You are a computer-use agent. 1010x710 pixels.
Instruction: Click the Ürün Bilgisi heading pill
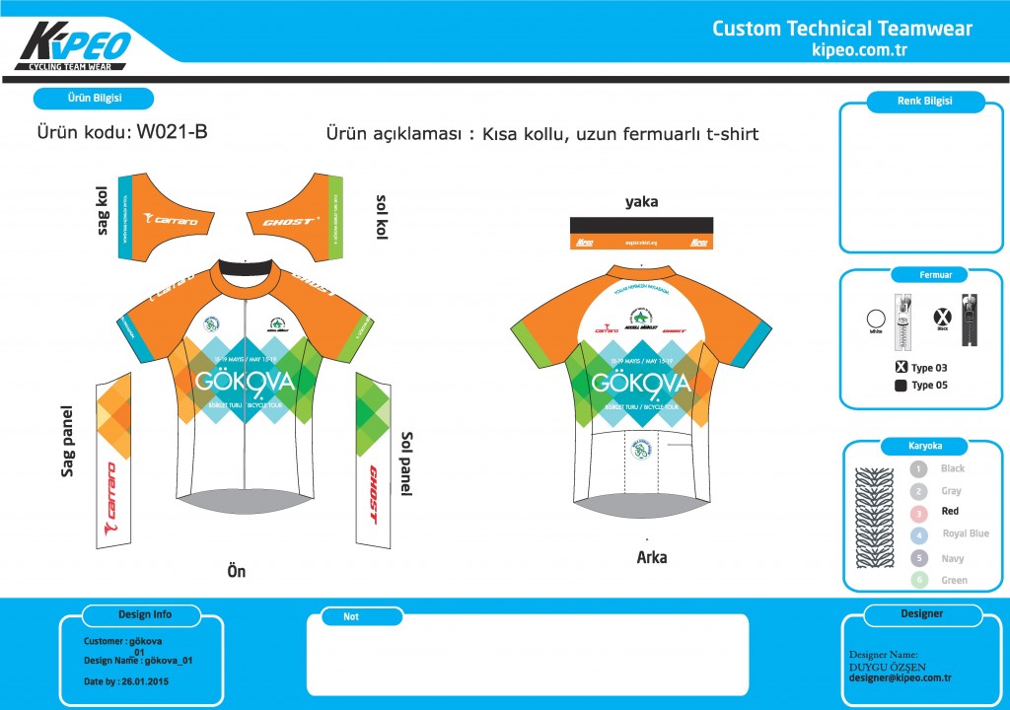click(x=93, y=99)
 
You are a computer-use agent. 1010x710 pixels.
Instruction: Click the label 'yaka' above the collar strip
click(x=642, y=202)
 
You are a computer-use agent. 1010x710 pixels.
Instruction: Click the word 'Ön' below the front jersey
click(x=236, y=570)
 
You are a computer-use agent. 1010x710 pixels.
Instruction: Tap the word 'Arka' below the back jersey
click(x=651, y=557)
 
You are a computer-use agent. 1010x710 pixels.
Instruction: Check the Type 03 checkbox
click(x=901, y=368)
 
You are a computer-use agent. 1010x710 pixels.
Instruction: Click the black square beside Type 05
click(x=901, y=386)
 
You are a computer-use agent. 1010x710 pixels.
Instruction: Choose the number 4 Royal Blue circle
click(x=919, y=535)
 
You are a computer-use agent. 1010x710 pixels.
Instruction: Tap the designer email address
click(x=900, y=677)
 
